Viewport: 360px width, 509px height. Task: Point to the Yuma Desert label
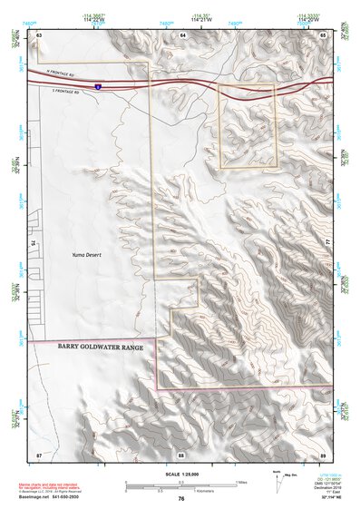88,256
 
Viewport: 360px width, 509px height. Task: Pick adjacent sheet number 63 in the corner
39,34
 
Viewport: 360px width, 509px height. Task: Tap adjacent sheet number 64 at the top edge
182,34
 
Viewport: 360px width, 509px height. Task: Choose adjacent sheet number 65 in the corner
324,34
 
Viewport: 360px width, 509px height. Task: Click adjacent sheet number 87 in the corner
39,453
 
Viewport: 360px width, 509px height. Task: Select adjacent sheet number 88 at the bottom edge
181,453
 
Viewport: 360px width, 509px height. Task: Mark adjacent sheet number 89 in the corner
324,453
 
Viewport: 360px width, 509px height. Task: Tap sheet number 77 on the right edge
328,243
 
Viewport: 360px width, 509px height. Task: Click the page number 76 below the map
181,498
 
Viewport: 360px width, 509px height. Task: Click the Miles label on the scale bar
241,481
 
